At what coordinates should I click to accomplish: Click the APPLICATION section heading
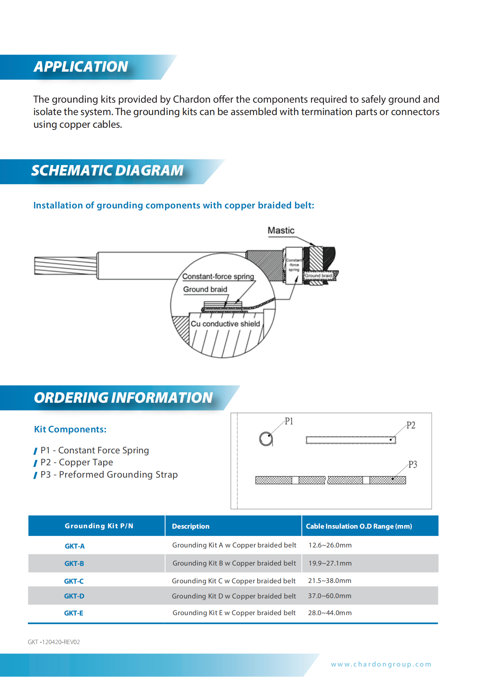click(x=81, y=67)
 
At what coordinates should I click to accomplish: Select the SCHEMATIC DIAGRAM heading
click(x=107, y=170)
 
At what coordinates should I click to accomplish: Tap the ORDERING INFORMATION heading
click(x=123, y=398)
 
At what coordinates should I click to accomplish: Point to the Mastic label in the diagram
click(x=281, y=230)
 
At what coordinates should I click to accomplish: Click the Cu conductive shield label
click(x=225, y=324)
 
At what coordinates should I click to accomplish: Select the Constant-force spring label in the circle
click(x=218, y=276)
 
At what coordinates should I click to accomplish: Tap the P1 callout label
click(x=289, y=421)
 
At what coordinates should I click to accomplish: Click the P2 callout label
click(x=411, y=425)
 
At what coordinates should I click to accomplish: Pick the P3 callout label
click(x=413, y=464)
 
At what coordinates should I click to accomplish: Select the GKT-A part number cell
click(x=75, y=546)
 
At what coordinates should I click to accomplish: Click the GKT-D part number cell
click(x=74, y=596)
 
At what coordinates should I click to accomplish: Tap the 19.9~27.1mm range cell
click(x=330, y=563)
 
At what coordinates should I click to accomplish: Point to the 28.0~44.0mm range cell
click(x=330, y=613)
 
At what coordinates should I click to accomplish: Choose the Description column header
click(x=191, y=526)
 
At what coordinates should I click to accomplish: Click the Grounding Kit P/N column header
click(x=99, y=526)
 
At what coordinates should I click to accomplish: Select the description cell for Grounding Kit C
click(x=234, y=581)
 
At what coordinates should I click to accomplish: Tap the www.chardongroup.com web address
click(x=381, y=664)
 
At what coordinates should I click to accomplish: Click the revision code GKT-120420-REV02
click(x=54, y=642)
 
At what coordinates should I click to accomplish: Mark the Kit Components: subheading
click(x=70, y=430)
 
